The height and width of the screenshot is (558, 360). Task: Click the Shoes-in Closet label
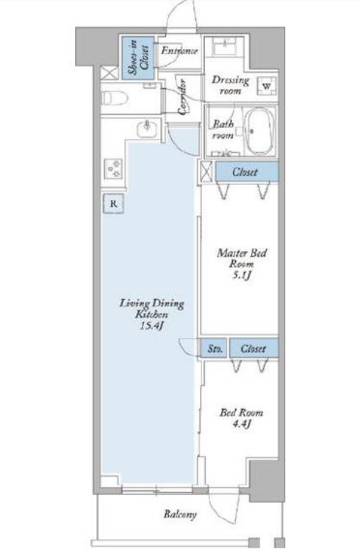(140, 58)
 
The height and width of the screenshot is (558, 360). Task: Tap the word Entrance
(179, 51)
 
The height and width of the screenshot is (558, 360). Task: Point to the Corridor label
(183, 97)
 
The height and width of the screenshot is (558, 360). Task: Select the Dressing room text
(231, 85)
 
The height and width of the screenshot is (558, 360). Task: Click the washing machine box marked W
(267, 86)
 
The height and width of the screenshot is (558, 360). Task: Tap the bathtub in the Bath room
(261, 131)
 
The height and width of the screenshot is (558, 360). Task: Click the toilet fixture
(115, 98)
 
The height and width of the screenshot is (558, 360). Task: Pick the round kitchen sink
(147, 128)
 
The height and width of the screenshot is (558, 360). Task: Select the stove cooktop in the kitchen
(113, 169)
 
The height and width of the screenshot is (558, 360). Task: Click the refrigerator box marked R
(113, 204)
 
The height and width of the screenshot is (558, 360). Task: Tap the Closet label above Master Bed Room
(245, 173)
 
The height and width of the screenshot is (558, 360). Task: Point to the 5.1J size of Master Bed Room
(242, 275)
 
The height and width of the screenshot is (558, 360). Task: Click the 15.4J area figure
(151, 325)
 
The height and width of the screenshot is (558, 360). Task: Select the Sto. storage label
(215, 349)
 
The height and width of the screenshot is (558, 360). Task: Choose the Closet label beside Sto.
(253, 349)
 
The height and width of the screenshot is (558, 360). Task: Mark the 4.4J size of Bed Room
(242, 424)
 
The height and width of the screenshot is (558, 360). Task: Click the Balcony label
(180, 514)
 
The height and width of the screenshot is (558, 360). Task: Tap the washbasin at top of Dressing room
(224, 46)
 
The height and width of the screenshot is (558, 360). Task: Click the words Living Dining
(151, 304)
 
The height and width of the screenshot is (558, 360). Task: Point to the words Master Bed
(242, 253)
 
